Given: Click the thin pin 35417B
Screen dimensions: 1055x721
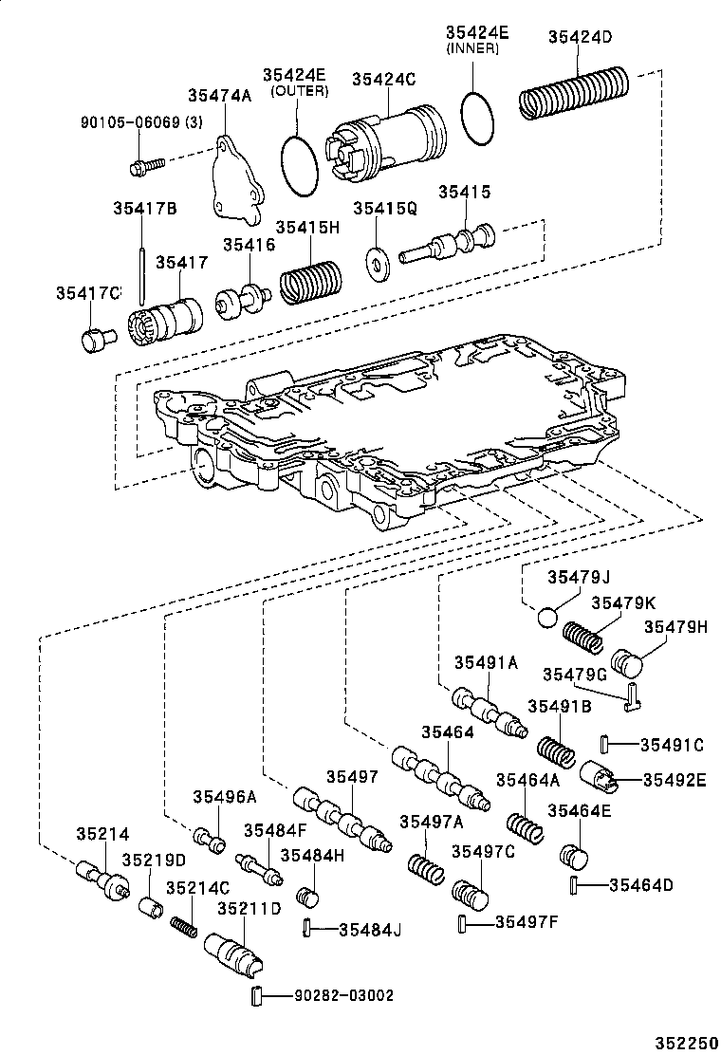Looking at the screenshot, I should coord(141,270).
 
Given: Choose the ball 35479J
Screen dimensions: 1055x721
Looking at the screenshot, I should coord(547,619).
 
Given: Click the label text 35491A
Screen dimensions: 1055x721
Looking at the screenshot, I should coord(485,663).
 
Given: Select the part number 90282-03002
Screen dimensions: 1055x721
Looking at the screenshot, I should coord(342,995).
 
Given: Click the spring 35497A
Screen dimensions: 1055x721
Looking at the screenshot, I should coord(426,869).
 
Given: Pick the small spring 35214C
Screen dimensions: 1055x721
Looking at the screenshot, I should coord(184,925).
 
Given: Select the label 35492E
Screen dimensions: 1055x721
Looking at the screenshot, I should coord(675,779).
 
